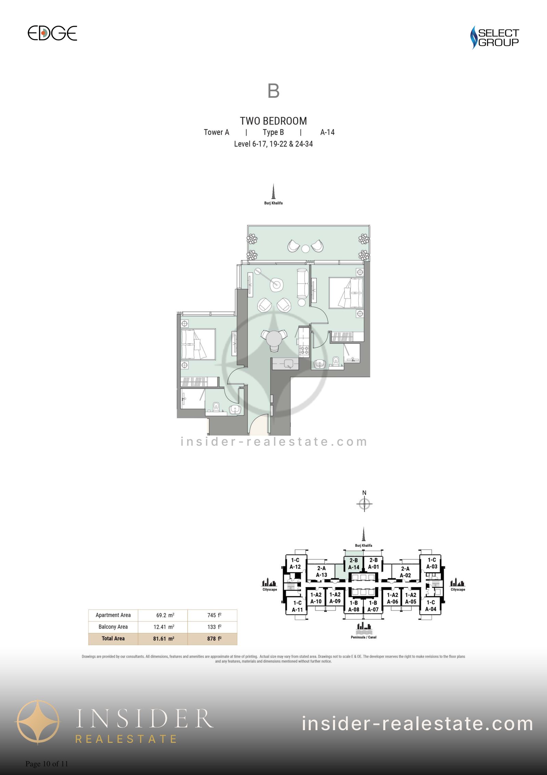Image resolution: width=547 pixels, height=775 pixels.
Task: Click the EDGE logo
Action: pyautogui.click(x=52, y=33)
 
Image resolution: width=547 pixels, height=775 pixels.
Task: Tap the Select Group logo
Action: pyautogui.click(x=494, y=37)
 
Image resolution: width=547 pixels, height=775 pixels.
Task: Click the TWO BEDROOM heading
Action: pyautogui.click(x=273, y=121)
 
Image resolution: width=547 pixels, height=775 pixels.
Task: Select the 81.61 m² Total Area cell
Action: pyautogui.click(x=163, y=639)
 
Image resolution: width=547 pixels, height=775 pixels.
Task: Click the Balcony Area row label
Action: pyautogui.click(x=113, y=627)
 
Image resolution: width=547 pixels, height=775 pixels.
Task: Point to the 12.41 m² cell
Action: pyautogui.click(x=163, y=627)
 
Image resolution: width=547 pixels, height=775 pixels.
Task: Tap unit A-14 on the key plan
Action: pyautogui.click(x=353, y=564)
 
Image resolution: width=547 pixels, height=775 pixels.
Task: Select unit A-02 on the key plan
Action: pyautogui.click(x=405, y=572)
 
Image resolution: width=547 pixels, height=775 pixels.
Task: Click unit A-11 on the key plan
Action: pyautogui.click(x=297, y=606)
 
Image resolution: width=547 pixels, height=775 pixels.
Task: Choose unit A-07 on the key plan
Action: pyautogui.click(x=373, y=606)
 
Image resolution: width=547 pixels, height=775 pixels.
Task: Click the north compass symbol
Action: pyautogui.click(x=364, y=504)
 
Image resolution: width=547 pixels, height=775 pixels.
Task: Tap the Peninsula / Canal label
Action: pyautogui.click(x=364, y=637)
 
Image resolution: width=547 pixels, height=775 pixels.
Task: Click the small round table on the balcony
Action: pyautogui.click(x=306, y=249)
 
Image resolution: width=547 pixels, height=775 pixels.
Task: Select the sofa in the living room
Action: pyautogui.click(x=303, y=283)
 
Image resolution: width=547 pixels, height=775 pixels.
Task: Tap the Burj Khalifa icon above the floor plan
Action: pyautogui.click(x=273, y=192)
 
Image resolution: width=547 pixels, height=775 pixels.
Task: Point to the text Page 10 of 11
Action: pyautogui.click(x=47, y=764)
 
